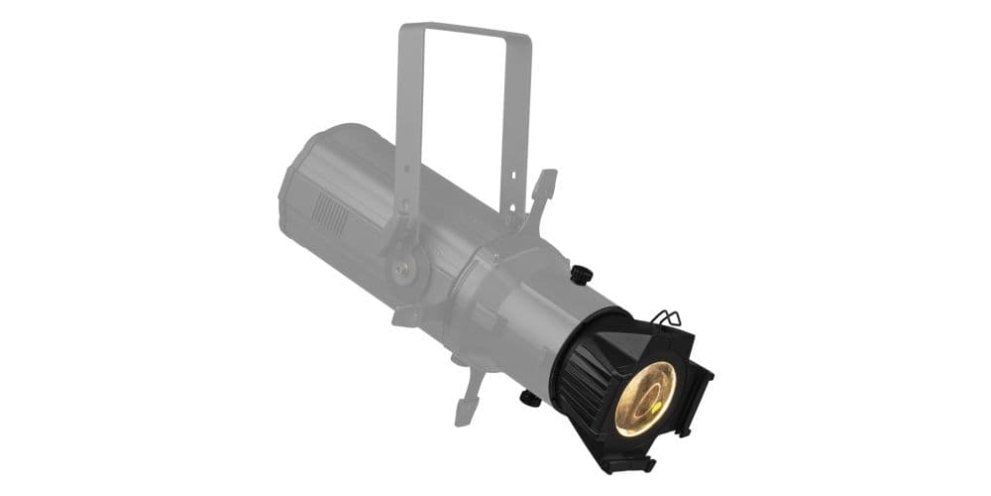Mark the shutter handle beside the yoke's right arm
[543, 188]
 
